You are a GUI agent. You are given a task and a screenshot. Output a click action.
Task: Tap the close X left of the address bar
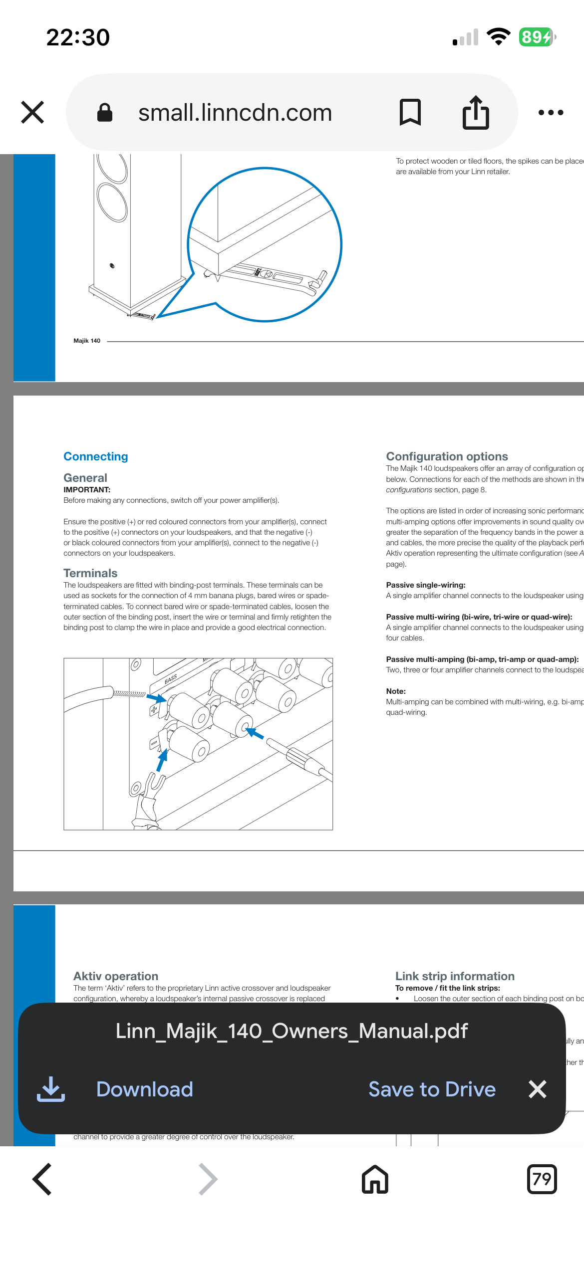pos(32,112)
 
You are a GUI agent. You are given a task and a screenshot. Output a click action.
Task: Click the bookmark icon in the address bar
pos(410,112)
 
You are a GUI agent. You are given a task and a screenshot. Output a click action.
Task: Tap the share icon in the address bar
pos(475,113)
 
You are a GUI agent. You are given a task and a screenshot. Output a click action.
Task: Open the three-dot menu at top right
pos(551,113)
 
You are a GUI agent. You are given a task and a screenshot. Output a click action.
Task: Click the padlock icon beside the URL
pos(104,113)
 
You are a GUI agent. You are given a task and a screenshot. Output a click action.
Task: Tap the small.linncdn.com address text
pos(235,113)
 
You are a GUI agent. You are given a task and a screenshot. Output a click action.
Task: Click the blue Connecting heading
pos(96,456)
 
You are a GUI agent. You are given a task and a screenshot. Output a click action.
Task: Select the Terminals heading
pos(90,573)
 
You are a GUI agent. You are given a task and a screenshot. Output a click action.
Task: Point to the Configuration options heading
pos(447,456)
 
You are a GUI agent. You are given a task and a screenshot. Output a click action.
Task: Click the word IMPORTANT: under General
pos(87,490)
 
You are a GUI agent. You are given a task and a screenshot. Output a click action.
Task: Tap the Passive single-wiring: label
pos(425,585)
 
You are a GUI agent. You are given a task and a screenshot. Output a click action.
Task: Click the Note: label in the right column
pos(396,691)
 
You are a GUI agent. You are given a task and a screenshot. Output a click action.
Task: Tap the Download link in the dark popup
pos(144,1089)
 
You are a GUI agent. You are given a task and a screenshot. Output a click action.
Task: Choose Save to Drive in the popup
pos(432,1089)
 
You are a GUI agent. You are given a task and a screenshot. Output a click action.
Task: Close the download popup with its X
pos(538,1089)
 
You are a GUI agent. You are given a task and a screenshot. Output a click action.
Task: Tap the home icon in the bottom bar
pos(375,1179)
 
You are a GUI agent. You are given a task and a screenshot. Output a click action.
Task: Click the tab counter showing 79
pos(542,1179)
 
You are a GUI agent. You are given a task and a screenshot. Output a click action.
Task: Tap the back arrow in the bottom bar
pos(42,1179)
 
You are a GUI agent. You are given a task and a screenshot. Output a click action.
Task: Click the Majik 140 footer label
pos(87,341)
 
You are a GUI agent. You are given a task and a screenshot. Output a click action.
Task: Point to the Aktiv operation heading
pos(116,976)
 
